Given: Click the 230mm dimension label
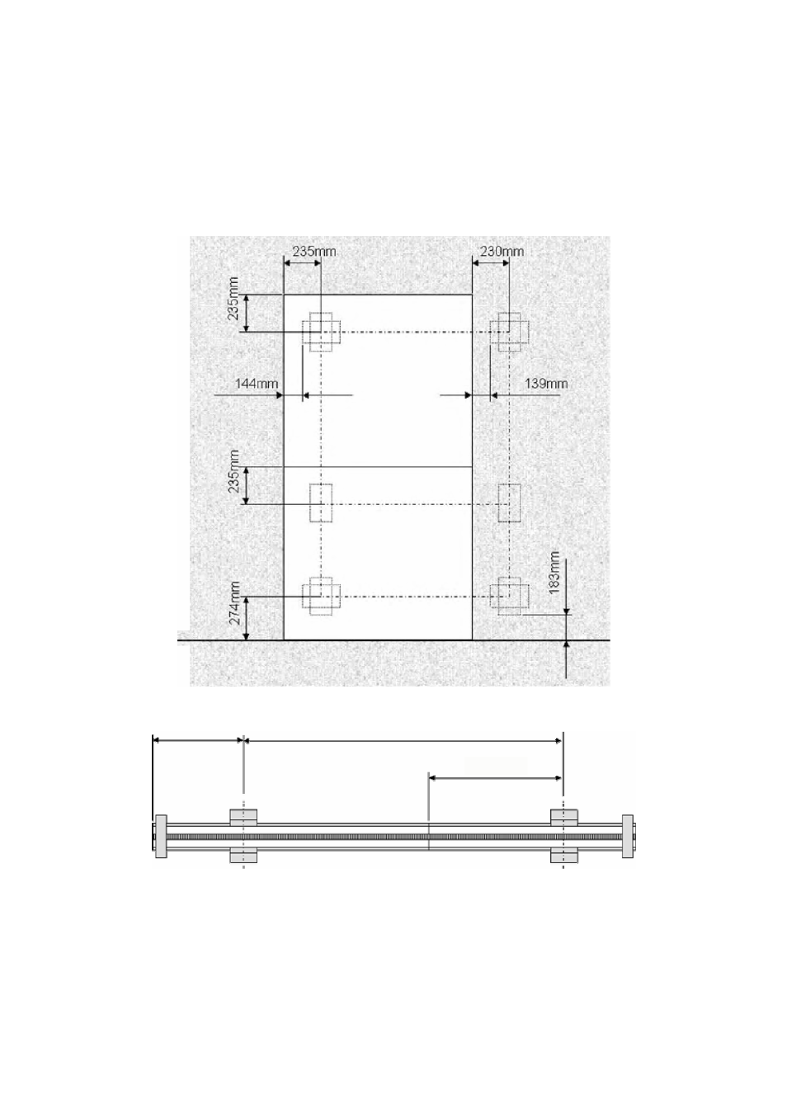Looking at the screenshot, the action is [x=501, y=251].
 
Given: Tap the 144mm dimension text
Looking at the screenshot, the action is [x=257, y=384].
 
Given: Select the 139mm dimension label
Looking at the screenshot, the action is [x=546, y=384].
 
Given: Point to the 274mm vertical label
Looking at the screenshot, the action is [x=235, y=602].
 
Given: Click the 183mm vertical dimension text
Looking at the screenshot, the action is [x=554, y=573].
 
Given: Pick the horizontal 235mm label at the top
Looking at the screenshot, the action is [x=314, y=251].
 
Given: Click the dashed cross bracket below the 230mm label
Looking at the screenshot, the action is [x=510, y=333].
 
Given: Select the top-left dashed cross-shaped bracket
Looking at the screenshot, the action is [x=321, y=333].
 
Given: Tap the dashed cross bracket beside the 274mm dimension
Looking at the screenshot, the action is [x=321, y=596].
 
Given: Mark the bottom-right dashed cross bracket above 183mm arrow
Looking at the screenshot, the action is [x=510, y=596].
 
